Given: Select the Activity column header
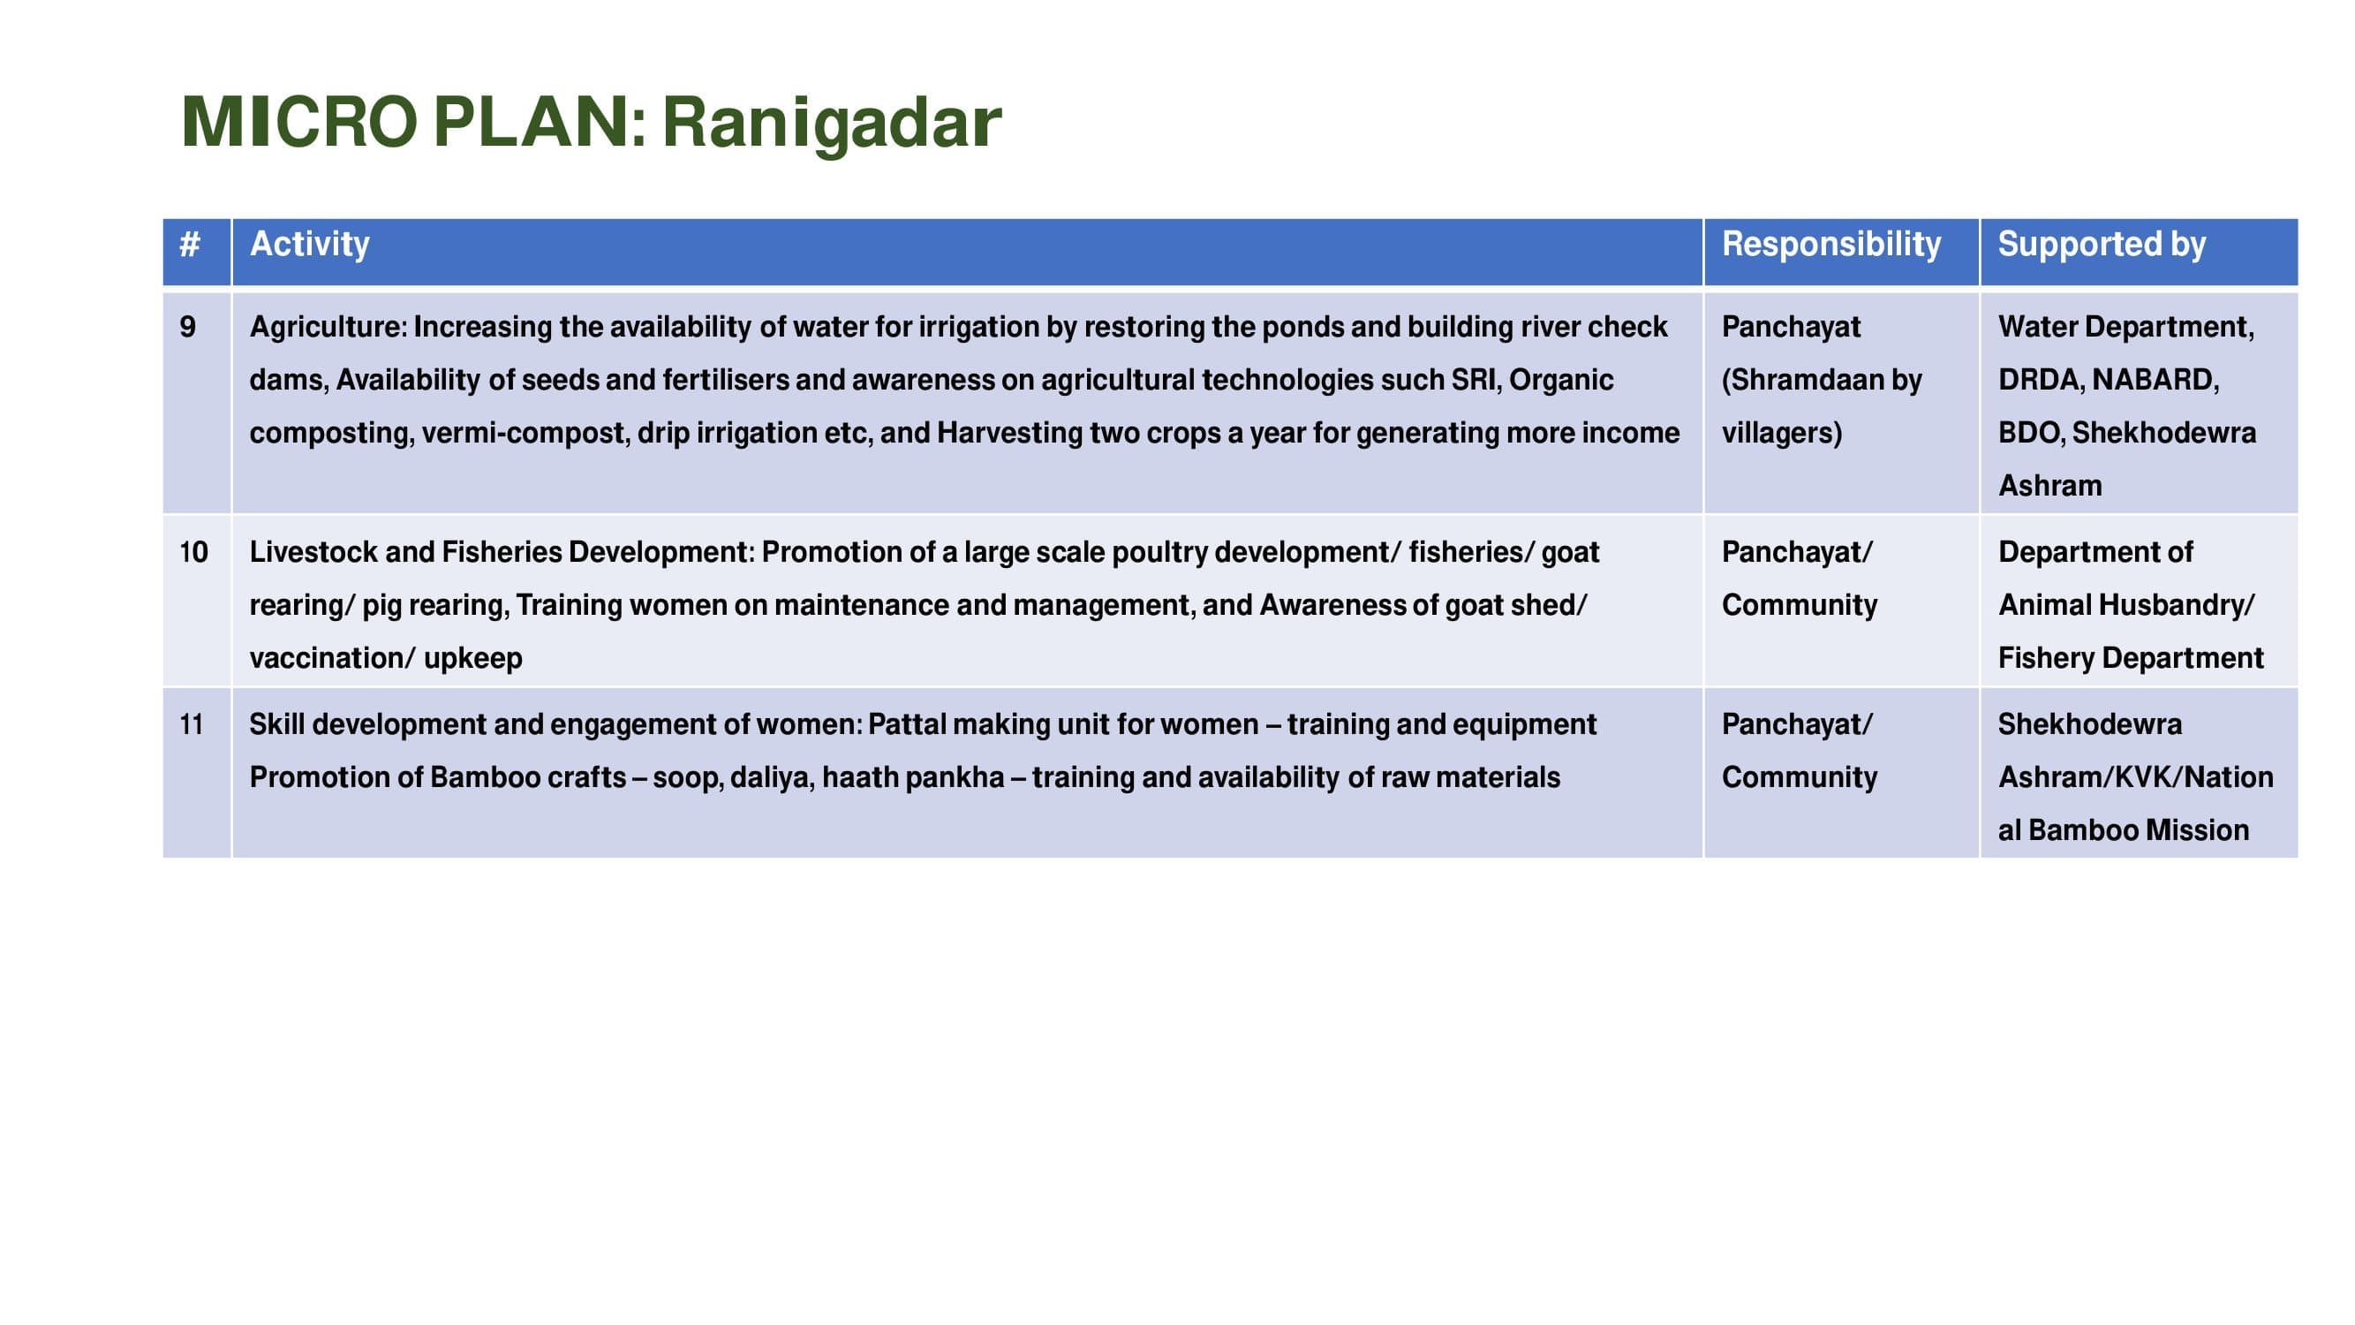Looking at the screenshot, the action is click(x=310, y=244).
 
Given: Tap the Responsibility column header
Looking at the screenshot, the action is click(x=1831, y=244).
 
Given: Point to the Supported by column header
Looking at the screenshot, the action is click(x=2102, y=244).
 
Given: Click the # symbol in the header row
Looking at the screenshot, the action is click(x=189, y=244).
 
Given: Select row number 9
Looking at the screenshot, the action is click(x=187, y=327).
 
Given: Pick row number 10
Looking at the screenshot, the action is click(x=193, y=551).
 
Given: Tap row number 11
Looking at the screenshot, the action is click(x=191, y=724).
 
